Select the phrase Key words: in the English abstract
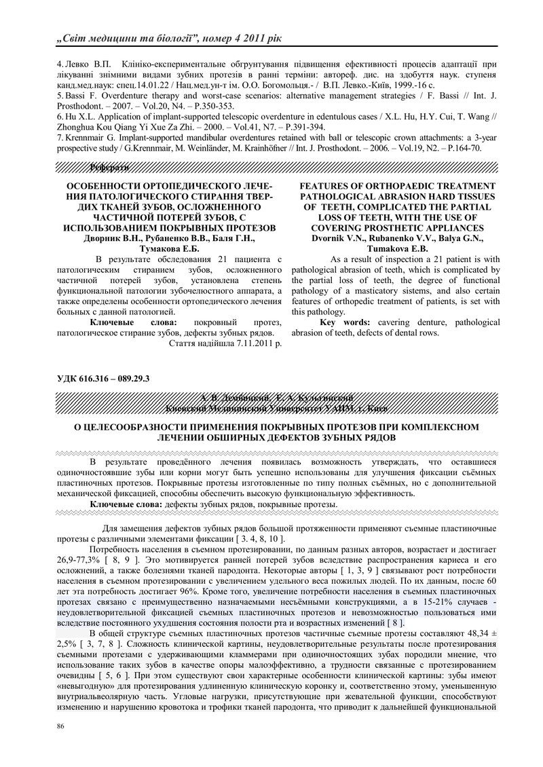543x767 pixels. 344,322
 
